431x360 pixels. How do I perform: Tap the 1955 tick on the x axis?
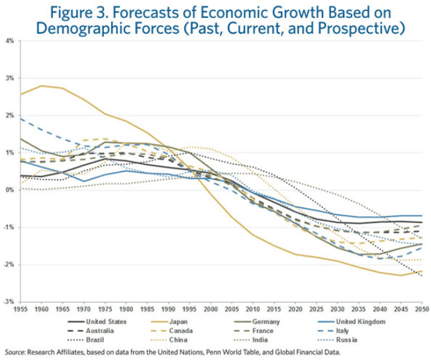[x=21, y=309]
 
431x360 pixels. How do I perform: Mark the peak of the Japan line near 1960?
[x=42, y=85]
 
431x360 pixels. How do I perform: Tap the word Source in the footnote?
[x=15, y=351]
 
